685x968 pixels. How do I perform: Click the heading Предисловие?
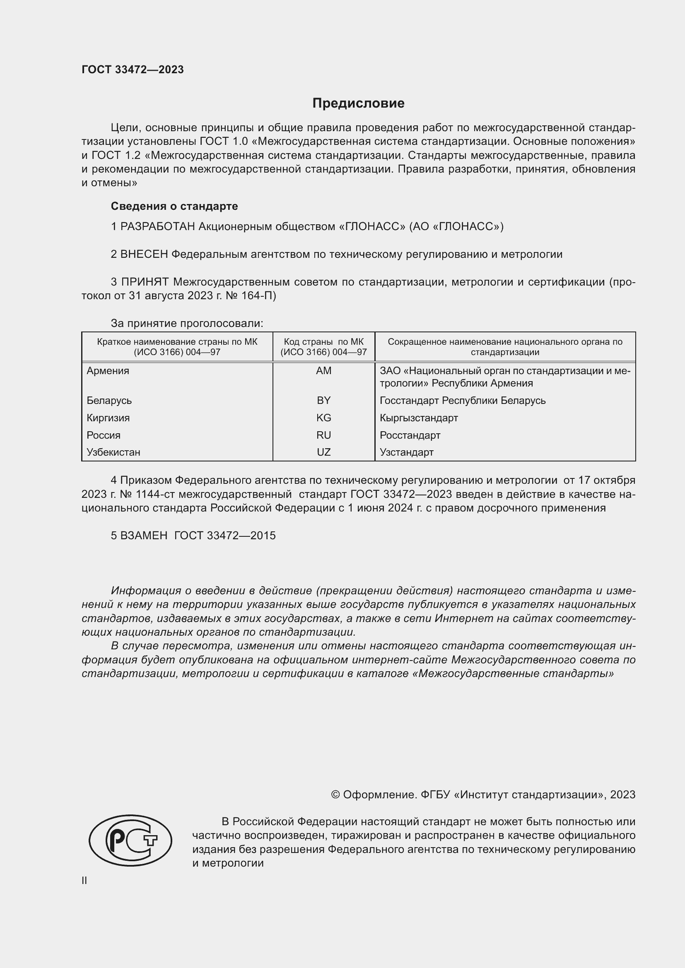(x=358, y=103)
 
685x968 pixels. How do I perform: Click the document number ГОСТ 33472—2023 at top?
(x=133, y=70)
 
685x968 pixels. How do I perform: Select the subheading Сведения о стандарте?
(x=174, y=206)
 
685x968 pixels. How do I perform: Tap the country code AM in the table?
(x=323, y=370)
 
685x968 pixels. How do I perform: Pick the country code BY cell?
(x=323, y=400)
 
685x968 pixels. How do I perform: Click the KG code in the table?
(x=323, y=418)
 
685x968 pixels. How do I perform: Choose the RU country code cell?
(x=323, y=435)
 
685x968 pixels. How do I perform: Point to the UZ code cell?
(x=323, y=452)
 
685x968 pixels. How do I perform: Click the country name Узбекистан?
(x=113, y=452)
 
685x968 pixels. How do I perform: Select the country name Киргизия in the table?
(x=108, y=418)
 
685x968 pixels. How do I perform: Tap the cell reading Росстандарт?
(x=410, y=435)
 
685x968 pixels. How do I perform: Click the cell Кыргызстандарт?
(x=418, y=418)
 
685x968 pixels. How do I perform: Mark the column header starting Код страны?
(x=323, y=347)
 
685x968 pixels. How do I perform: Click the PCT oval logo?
(x=130, y=840)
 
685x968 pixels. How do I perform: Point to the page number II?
(x=84, y=881)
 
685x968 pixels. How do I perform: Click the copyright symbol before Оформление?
(x=335, y=795)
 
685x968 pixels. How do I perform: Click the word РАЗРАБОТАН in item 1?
(x=157, y=227)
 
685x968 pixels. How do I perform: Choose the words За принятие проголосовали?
(x=187, y=323)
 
